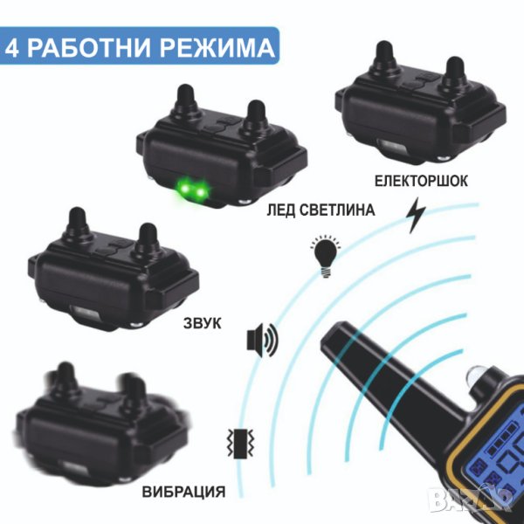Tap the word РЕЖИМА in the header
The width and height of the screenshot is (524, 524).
point(217,48)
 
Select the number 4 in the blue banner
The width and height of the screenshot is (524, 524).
point(11,48)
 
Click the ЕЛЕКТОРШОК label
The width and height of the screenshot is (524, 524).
point(421,181)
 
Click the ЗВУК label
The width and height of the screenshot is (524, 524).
point(203,323)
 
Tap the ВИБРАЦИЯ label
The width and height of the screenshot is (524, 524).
point(183,492)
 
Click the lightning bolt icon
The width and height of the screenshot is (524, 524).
point(416,215)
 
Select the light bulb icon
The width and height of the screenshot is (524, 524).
point(325,256)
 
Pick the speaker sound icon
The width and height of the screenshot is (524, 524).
point(262,340)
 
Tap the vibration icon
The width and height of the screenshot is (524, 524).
point(240,444)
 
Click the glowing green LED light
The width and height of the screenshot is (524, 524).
point(191,191)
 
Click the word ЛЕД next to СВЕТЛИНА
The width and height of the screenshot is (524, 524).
point(280,210)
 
